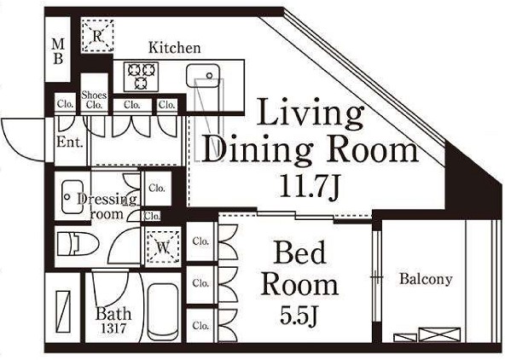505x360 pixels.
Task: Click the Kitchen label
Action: [x=175, y=48]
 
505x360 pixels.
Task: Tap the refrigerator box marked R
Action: [x=97, y=36]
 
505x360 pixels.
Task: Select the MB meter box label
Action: [x=58, y=51]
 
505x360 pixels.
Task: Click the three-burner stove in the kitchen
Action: [x=141, y=78]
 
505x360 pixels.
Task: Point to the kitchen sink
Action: [x=202, y=75]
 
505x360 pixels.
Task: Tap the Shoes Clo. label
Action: [x=94, y=100]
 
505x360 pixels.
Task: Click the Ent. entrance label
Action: [x=70, y=142]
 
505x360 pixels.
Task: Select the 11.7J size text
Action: [x=310, y=187]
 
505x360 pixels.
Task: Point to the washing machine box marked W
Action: [x=163, y=247]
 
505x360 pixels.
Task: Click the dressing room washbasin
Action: [x=73, y=197]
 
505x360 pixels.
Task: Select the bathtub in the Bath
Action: [x=163, y=311]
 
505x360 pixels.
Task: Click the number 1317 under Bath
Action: [x=113, y=328]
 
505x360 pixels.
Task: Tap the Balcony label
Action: [x=426, y=279]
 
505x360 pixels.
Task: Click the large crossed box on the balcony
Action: [x=439, y=334]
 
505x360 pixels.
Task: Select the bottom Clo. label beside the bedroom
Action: [x=200, y=325]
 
